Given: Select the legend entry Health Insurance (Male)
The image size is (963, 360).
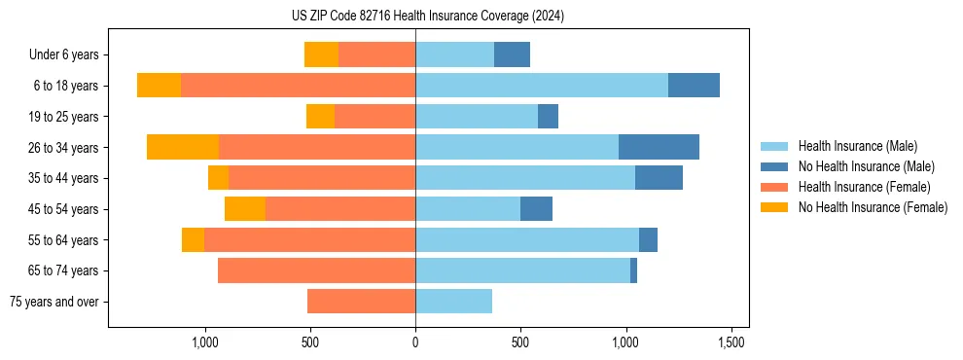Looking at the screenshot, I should (857, 146).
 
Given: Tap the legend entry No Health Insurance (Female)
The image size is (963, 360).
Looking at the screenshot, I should (873, 207).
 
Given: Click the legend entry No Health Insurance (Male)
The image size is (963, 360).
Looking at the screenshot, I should (866, 166).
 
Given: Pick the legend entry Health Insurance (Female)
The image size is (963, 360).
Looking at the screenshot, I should (864, 187).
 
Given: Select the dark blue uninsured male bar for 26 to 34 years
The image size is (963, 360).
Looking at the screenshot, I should (659, 147).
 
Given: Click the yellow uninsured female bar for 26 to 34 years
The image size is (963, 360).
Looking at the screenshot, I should (183, 147).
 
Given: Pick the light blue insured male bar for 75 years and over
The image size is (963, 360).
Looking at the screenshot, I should (453, 302).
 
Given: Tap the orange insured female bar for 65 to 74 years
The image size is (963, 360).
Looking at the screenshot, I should (316, 270).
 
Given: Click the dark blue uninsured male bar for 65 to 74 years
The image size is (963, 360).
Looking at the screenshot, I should (633, 270).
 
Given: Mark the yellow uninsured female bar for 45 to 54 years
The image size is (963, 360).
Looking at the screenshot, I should (245, 209).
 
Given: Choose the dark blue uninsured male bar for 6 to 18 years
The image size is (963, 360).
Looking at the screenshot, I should (694, 86).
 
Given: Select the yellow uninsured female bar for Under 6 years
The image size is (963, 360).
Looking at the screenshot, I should (321, 54).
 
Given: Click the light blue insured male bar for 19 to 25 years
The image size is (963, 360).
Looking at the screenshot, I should (477, 117).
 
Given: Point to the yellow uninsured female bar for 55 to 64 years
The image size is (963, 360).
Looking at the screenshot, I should (193, 239).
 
